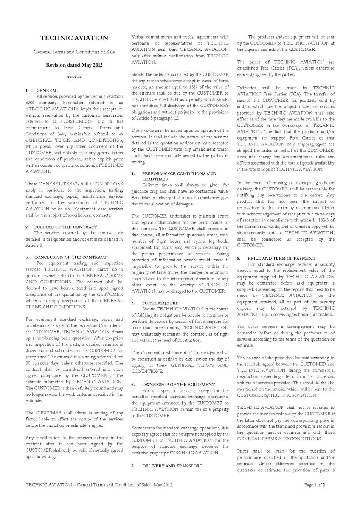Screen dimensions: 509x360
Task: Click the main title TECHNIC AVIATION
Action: (x=74, y=38)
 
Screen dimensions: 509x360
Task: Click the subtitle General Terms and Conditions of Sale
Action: (x=74, y=52)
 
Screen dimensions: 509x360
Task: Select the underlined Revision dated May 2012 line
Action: (x=74, y=65)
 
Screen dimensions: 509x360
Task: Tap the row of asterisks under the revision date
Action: (x=74, y=78)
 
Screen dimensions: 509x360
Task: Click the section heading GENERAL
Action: (x=47, y=91)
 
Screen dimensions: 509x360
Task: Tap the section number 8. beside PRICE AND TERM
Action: (x=239, y=258)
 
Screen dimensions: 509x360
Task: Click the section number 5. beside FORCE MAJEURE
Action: (x=133, y=303)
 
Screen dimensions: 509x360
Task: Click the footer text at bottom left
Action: (x=98, y=484)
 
